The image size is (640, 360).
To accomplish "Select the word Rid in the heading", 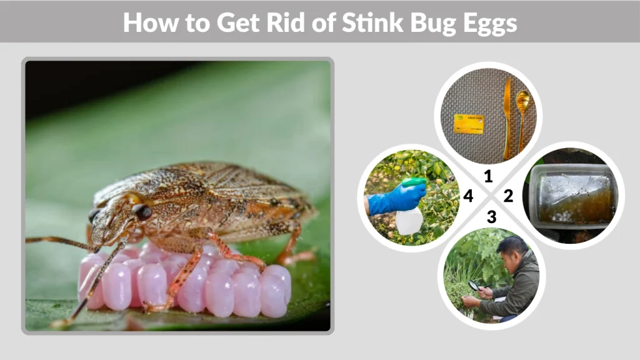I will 312,22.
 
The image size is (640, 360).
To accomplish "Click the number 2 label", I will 508,196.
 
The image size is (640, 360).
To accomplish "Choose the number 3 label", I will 492,217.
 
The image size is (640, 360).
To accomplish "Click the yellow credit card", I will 469,123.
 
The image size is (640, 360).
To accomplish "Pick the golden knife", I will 507,119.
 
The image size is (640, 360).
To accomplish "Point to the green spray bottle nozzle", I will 414,182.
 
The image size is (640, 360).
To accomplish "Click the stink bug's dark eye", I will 142,212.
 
